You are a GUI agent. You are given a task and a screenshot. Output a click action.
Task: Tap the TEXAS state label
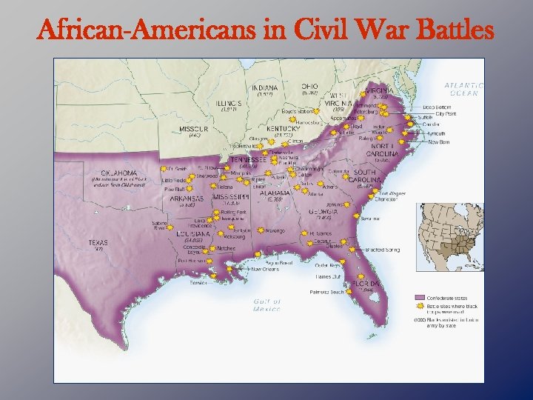click(98, 242)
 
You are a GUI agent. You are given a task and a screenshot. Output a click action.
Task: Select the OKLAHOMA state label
click(115, 173)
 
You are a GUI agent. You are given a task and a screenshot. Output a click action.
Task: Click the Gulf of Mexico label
click(267, 304)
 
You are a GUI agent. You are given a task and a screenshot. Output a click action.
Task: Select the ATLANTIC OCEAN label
click(464, 88)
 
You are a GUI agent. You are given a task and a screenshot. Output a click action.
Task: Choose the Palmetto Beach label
click(326, 292)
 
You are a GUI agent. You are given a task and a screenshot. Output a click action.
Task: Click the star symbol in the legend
click(419, 304)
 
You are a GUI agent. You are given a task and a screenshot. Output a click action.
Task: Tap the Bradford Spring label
click(382, 250)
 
